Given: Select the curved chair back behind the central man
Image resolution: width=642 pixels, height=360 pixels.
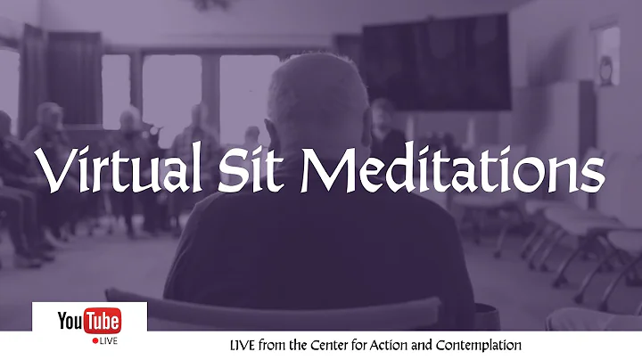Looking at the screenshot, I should pos(267,307).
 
